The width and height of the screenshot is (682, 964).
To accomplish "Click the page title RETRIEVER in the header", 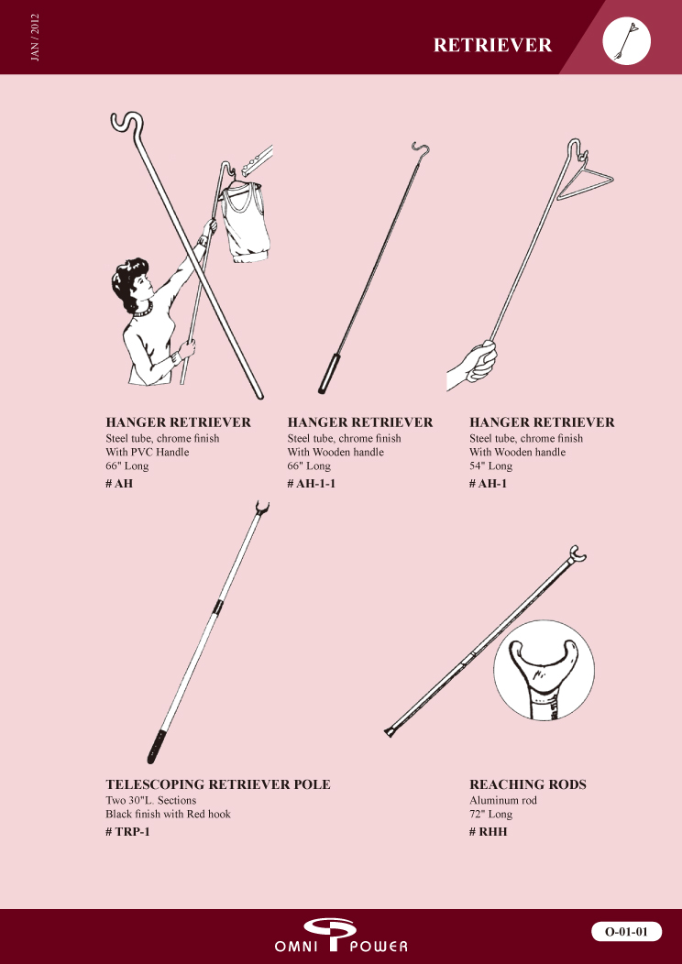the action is (492, 45).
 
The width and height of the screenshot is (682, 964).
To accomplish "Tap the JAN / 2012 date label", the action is (35, 38).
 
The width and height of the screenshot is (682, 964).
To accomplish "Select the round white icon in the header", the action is (627, 39).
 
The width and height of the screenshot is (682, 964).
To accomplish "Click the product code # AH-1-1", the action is (311, 483).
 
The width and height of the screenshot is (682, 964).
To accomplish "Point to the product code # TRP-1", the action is (127, 832).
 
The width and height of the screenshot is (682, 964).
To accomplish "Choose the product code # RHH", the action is (489, 832).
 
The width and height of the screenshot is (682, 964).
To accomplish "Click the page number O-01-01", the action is (626, 931).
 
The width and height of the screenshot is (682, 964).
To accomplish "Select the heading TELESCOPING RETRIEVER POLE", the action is (217, 784).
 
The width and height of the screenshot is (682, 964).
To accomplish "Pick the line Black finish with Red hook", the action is (168, 814).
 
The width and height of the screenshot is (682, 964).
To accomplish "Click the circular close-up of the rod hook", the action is (544, 670).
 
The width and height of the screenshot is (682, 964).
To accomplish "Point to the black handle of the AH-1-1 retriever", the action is (326, 373).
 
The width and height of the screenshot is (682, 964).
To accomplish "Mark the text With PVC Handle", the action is (147, 452).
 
